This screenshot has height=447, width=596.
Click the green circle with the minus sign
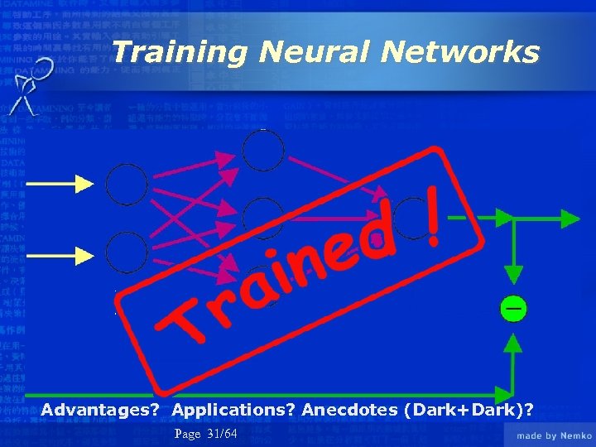513,309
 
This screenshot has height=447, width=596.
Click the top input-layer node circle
127,184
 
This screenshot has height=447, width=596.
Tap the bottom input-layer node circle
127,250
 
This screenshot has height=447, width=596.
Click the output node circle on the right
411,219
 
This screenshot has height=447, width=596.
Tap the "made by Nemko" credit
554,435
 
